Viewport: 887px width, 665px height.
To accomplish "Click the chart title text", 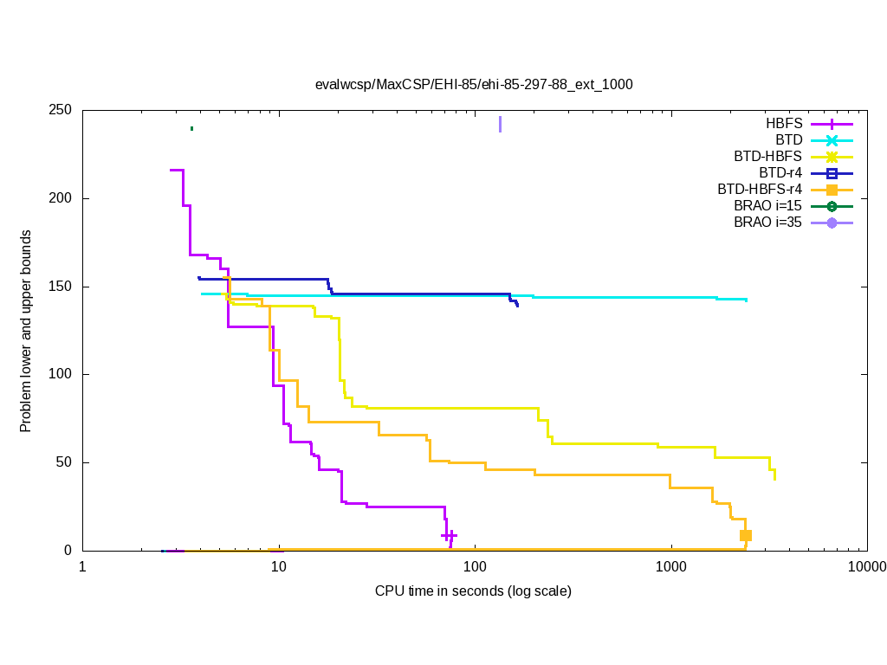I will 474,84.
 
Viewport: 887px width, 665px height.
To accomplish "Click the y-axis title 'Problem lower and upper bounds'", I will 27,331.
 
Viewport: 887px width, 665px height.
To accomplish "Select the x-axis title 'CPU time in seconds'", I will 473,591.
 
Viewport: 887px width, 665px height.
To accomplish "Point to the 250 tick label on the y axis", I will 62,111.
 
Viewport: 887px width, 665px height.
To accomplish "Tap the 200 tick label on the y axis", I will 62,198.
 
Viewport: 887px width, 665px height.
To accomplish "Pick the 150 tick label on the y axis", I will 62,287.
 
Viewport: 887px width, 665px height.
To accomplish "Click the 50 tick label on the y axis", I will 66,462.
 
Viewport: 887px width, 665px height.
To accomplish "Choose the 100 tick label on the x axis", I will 475,567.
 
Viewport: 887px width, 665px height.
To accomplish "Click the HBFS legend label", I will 783,123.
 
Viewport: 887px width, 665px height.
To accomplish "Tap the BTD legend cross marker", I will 832,140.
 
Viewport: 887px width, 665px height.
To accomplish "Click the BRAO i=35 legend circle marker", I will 832,223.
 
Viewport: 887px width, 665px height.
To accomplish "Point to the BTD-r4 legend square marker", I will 832,173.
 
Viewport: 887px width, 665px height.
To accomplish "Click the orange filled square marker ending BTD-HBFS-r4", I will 745,535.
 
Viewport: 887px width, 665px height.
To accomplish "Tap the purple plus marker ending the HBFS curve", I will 449,535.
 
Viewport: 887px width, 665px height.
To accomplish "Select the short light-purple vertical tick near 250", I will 500,125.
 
